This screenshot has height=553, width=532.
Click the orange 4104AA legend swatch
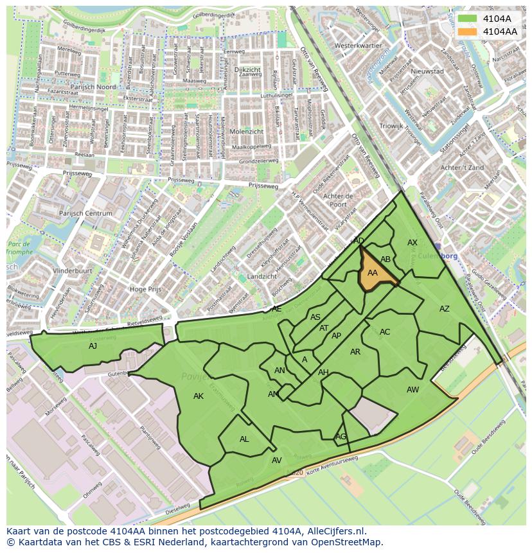point(468,31)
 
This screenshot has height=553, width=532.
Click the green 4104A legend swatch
point(468,19)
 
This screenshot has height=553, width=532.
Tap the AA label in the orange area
point(373,273)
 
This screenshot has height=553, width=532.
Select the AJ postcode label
point(93,346)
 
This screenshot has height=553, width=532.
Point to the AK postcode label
point(199,396)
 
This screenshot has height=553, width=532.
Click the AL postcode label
point(244,439)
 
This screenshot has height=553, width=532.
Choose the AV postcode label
point(277,461)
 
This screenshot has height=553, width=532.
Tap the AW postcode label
point(412,390)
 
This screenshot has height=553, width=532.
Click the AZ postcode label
point(445,309)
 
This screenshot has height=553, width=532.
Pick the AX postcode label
point(412,243)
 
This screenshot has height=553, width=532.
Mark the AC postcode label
point(385,332)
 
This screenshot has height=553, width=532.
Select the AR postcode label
point(355,352)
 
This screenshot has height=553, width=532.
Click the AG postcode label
point(341,437)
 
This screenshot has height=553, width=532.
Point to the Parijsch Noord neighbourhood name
point(93,87)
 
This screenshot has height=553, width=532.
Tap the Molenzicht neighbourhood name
point(246,131)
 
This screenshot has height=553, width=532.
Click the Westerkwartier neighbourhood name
point(359,46)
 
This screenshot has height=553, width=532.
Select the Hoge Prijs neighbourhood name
point(145,290)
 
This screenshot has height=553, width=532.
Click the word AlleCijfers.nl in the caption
point(334,532)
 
